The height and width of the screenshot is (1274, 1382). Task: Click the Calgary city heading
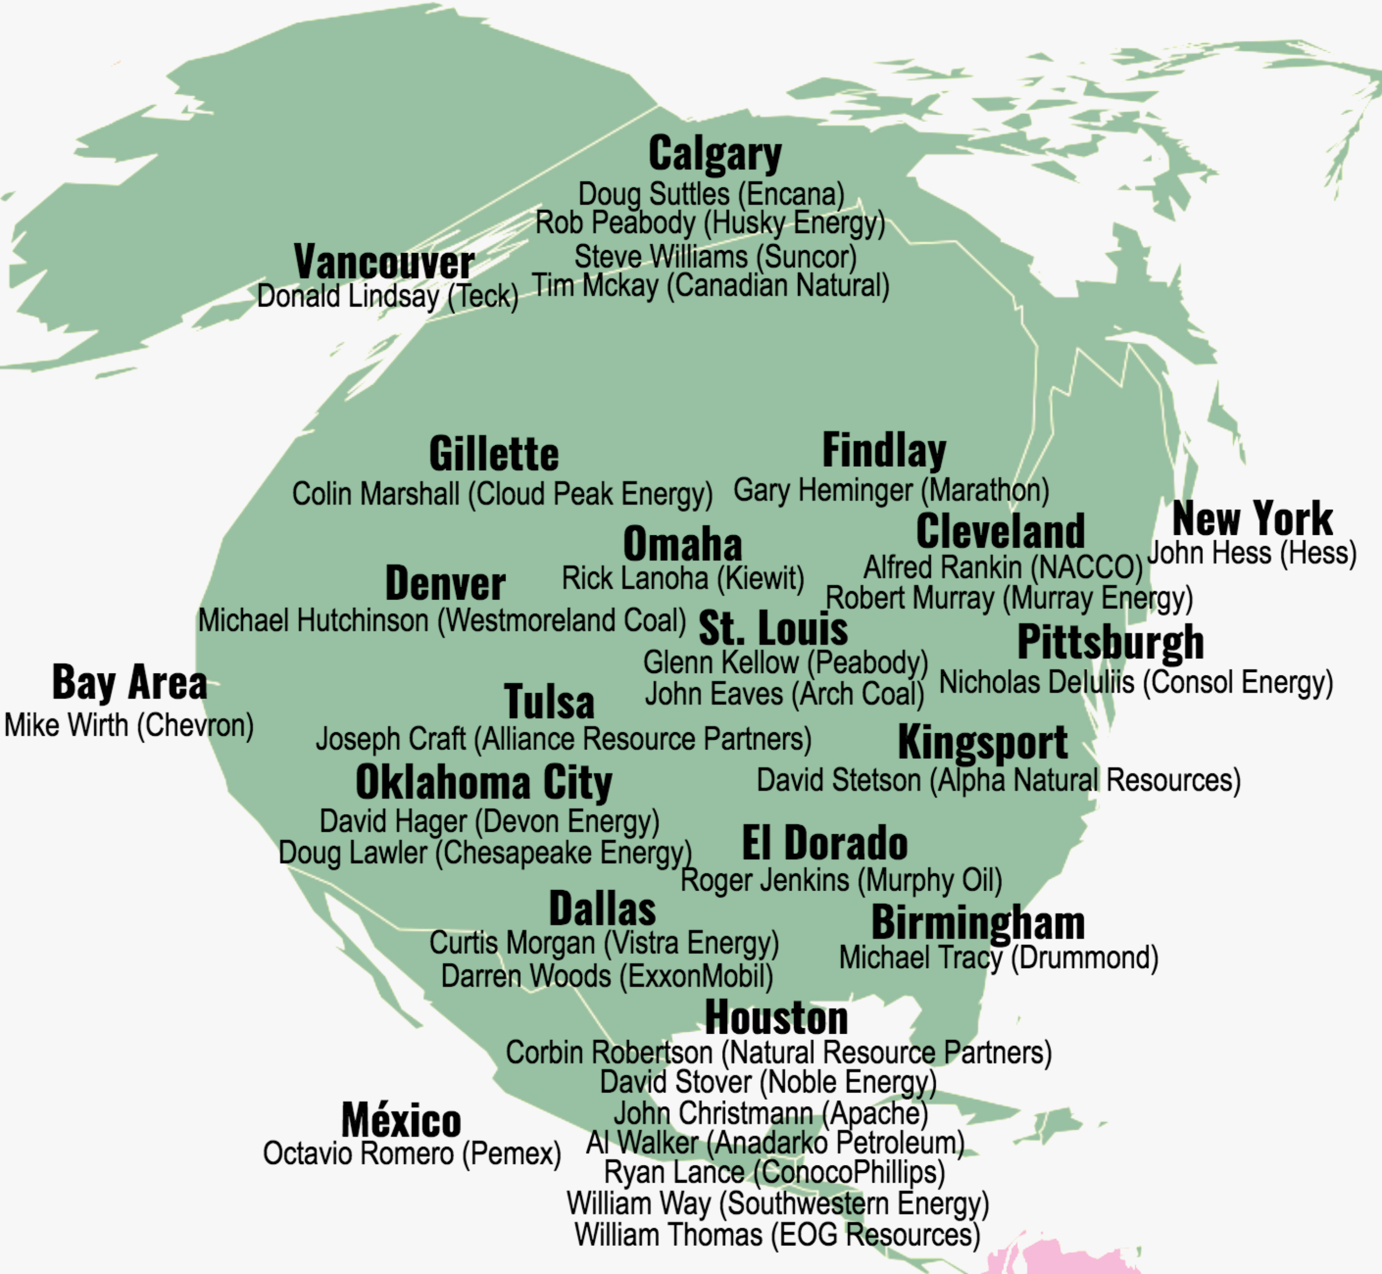715,154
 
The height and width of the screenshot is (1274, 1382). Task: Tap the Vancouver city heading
384,262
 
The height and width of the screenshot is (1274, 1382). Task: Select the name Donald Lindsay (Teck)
387,297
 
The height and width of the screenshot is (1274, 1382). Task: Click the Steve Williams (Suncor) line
715,257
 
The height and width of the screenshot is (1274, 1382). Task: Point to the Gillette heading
494,454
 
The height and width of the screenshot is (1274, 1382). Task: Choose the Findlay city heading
884,451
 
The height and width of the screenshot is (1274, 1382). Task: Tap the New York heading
1252,519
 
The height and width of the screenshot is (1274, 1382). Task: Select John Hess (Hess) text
1252,554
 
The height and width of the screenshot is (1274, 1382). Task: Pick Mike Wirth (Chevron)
129,725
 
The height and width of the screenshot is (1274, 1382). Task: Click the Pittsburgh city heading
1111,642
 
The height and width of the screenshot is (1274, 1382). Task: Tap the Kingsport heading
983,743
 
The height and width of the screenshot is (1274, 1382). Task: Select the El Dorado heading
825,843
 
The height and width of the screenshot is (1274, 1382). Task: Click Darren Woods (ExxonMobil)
607,976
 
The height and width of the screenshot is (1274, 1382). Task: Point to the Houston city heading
776,1017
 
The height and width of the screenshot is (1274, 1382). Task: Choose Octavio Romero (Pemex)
412,1153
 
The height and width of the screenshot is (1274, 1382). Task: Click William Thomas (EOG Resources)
777,1234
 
